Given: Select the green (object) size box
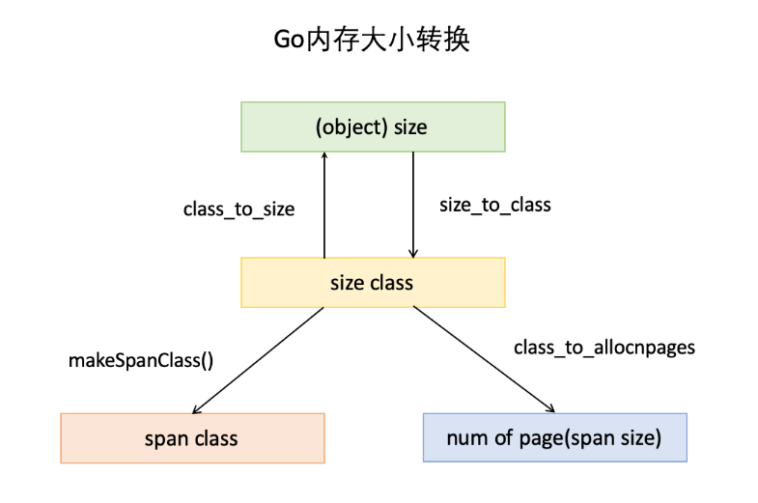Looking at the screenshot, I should (372, 126).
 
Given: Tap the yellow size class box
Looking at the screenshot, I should (372, 283).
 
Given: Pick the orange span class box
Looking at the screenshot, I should (191, 438).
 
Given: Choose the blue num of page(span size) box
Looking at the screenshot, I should (554, 438).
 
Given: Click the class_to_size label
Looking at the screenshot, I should (239, 209).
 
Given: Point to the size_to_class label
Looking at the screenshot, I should (494, 205).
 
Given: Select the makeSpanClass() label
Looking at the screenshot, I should (140, 361).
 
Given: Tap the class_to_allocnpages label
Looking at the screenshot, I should (604, 348).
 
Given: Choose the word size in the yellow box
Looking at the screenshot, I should (345, 283).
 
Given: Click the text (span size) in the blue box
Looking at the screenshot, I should (614, 439).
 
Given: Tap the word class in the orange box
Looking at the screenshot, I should (214, 439).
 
